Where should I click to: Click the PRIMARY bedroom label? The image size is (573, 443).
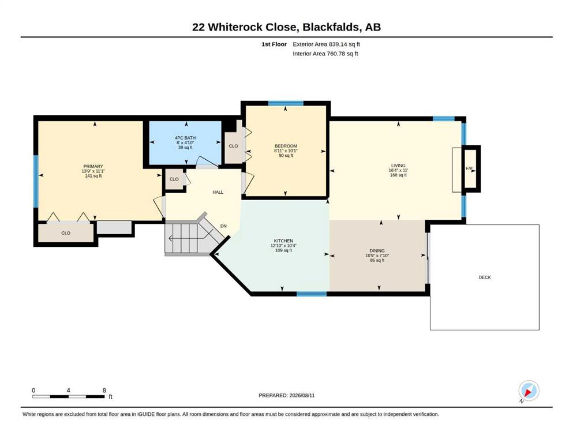pyautogui.click(x=93, y=166)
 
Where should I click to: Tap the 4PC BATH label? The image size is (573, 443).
pyautogui.click(x=185, y=138)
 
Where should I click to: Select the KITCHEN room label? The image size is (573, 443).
pyautogui.click(x=283, y=241)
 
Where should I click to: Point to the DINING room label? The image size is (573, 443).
pyautogui.click(x=377, y=250)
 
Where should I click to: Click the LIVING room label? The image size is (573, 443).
pyautogui.click(x=398, y=166)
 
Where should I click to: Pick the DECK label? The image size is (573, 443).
pyautogui.click(x=485, y=277)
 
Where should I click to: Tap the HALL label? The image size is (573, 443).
pyautogui.click(x=218, y=192)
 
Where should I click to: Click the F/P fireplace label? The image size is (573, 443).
pyautogui.click(x=469, y=168)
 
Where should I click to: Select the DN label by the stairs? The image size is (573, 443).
pyautogui.click(x=224, y=226)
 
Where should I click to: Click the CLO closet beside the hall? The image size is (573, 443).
pyautogui.click(x=174, y=179)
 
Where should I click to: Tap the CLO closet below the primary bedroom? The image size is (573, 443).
pyautogui.click(x=66, y=233)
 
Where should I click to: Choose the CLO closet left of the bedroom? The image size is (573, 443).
pyautogui.click(x=233, y=146)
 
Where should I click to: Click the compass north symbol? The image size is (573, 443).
pyautogui.click(x=529, y=391)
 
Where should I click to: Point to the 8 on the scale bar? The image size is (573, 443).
pyautogui.click(x=104, y=390)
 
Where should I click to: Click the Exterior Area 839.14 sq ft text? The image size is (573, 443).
pyautogui.click(x=327, y=44)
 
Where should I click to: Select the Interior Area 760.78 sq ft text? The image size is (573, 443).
pyautogui.click(x=325, y=54)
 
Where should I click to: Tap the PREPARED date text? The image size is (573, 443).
pyautogui.click(x=286, y=395)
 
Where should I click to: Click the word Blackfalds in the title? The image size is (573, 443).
pyautogui.click(x=331, y=27)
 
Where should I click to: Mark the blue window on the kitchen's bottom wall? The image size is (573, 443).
pyautogui.click(x=312, y=294)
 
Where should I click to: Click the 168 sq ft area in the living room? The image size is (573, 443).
pyautogui.click(x=398, y=175)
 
